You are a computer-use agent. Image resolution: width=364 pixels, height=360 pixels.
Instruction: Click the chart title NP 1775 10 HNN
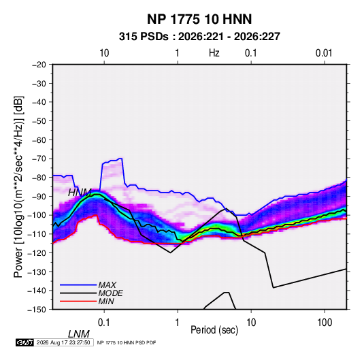pyautogui.click(x=199, y=19)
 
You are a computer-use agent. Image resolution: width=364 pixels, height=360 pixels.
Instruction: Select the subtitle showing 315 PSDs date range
pyautogui.click(x=199, y=37)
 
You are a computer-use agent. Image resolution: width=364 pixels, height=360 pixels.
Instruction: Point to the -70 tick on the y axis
pyautogui.click(x=39, y=159)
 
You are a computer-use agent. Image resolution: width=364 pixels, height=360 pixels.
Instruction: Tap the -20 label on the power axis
pyautogui.click(x=39, y=65)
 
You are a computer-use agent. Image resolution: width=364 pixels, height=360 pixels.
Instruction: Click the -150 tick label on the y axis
pyautogui.click(x=37, y=310)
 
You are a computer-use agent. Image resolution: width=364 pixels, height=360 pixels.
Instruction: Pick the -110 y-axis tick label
pyautogui.click(x=37, y=234)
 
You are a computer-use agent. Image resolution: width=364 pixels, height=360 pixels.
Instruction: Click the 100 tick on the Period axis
pyautogui.click(x=325, y=322)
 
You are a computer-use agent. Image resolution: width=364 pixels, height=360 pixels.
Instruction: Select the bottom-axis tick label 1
pyautogui.click(x=178, y=322)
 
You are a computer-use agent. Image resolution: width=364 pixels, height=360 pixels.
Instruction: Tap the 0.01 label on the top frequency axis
pyautogui.click(x=324, y=53)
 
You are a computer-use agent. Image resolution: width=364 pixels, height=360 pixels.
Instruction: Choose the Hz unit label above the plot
pyautogui.click(x=214, y=53)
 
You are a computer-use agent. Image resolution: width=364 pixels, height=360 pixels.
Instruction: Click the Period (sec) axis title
pyautogui.click(x=214, y=330)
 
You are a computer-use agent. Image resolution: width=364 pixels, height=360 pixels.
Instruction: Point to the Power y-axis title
pyautogui.click(x=18, y=187)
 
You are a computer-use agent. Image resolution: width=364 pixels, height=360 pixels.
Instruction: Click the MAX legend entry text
pyautogui.click(x=107, y=284)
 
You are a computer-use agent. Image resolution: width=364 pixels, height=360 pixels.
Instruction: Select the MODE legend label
pyautogui.click(x=110, y=293)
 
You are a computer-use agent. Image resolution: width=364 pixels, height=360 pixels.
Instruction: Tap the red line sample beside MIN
pyautogui.click(x=78, y=301)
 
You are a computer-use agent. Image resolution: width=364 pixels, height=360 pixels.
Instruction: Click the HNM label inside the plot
pyautogui.click(x=80, y=193)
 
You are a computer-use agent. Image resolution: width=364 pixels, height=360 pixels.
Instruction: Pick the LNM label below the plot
pyautogui.click(x=79, y=334)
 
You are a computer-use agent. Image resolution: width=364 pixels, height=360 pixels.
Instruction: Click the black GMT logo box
pyautogui.click(x=24, y=342)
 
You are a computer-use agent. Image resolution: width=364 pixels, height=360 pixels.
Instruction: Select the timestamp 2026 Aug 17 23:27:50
pyautogui.click(x=63, y=342)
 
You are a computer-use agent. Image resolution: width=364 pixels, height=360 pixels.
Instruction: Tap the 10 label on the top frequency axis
pyautogui.click(x=104, y=53)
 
